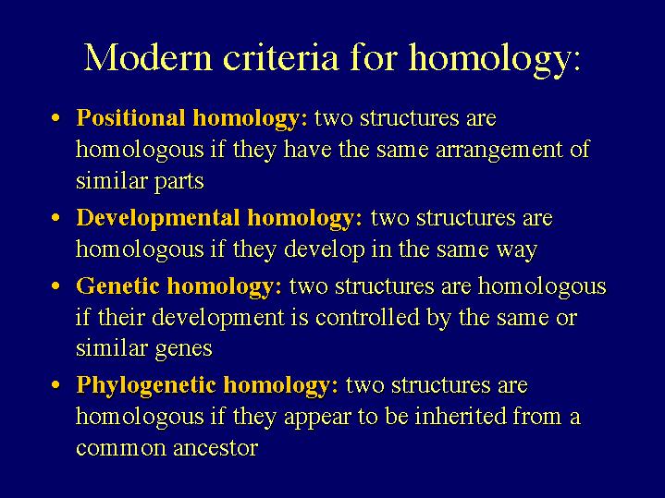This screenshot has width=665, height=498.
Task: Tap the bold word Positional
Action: pos(130,118)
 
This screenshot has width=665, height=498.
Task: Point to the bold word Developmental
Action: pos(158,218)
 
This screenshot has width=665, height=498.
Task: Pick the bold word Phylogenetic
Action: pos(146,386)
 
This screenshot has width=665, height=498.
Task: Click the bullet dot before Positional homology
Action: pos(55,118)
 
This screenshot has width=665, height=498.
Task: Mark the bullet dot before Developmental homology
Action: pos(55,218)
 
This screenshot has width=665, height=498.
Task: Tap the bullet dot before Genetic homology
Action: pos(55,286)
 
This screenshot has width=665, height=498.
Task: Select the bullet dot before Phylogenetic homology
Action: pos(55,386)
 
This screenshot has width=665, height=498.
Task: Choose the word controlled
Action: pos(368,318)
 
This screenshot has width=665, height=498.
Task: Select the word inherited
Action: pos(461,417)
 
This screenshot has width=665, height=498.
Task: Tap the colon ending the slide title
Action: pos(576,62)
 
